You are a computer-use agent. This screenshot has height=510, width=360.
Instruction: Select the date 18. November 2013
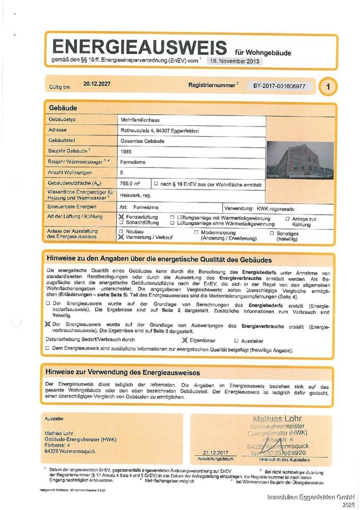[x=234, y=61]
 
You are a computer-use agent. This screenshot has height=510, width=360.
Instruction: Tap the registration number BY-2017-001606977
[x=279, y=86]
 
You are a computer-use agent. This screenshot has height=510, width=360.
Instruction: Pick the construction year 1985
[x=126, y=151]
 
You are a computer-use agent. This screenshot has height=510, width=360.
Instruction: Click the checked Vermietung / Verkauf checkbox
[x=121, y=238]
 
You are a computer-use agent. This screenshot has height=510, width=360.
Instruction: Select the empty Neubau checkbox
[x=121, y=232]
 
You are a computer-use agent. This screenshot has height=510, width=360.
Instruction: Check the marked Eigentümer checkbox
[x=185, y=340]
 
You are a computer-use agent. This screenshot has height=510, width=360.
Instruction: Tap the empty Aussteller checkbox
[x=236, y=341]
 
